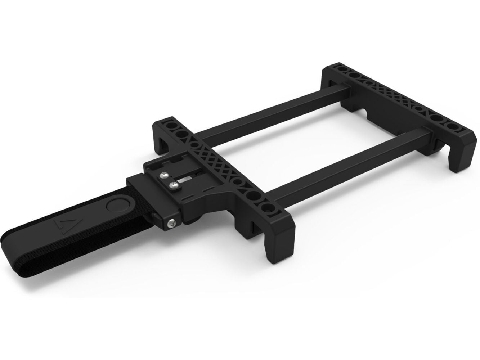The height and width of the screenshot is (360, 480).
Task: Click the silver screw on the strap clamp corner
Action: [x=172, y=224]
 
